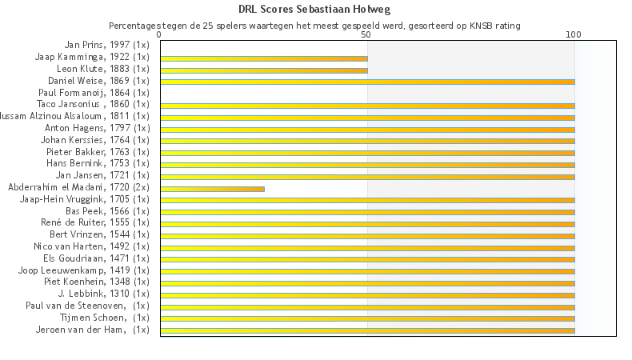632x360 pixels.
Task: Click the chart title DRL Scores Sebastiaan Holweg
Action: click(x=315, y=10)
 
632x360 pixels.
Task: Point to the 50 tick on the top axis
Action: click(x=366, y=35)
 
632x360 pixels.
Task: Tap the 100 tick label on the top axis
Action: click(x=574, y=35)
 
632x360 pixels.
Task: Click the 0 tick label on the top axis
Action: click(x=160, y=35)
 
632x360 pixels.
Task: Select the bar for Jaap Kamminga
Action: click(x=264, y=58)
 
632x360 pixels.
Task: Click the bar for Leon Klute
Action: click(x=264, y=70)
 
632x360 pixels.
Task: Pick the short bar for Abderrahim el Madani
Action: click(x=212, y=189)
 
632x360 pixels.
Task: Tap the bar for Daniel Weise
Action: click(x=367, y=82)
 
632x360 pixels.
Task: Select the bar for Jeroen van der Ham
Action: click(x=367, y=330)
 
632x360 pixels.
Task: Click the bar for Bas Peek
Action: click(x=367, y=212)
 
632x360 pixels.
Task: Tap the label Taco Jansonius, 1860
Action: click(x=93, y=105)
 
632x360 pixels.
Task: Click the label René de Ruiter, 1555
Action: click(x=95, y=222)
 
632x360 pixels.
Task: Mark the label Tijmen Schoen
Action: click(x=105, y=317)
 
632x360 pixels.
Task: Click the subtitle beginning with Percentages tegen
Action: click(x=314, y=26)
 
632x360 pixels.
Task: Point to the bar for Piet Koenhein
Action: click(x=367, y=283)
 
